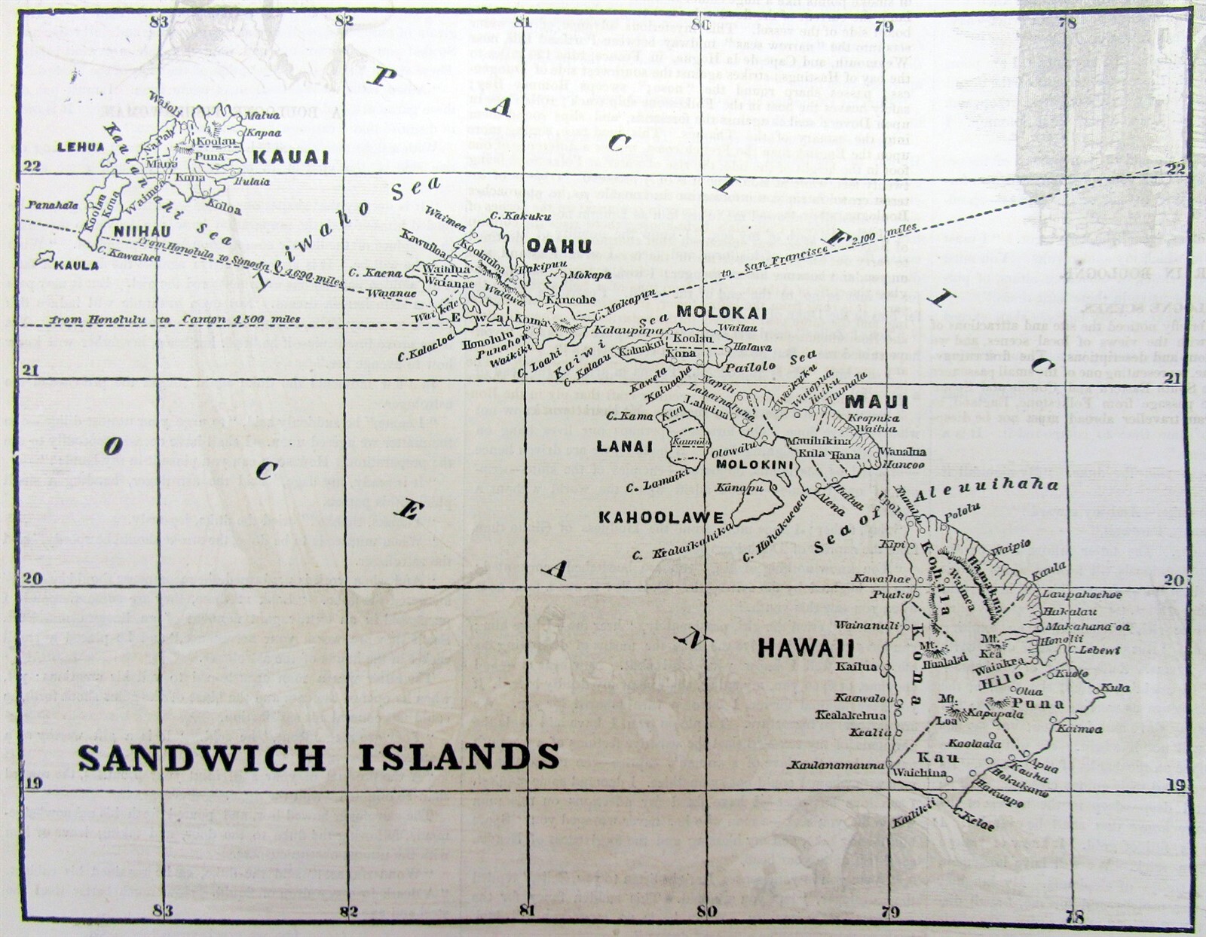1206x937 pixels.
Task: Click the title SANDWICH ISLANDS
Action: [319, 757]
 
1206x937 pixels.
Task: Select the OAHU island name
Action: [559, 246]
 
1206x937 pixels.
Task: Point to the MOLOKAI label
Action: [721, 312]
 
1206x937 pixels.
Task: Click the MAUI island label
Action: [877, 402]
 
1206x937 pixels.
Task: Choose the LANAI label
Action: [624, 446]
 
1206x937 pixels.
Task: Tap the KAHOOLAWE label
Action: [661, 517]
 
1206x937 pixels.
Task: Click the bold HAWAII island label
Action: [806, 648]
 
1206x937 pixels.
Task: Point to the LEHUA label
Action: [81, 147]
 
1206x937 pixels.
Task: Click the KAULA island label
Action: [76, 265]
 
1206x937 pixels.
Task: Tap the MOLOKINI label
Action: [754, 465]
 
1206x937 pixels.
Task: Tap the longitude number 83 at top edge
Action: [159, 22]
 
